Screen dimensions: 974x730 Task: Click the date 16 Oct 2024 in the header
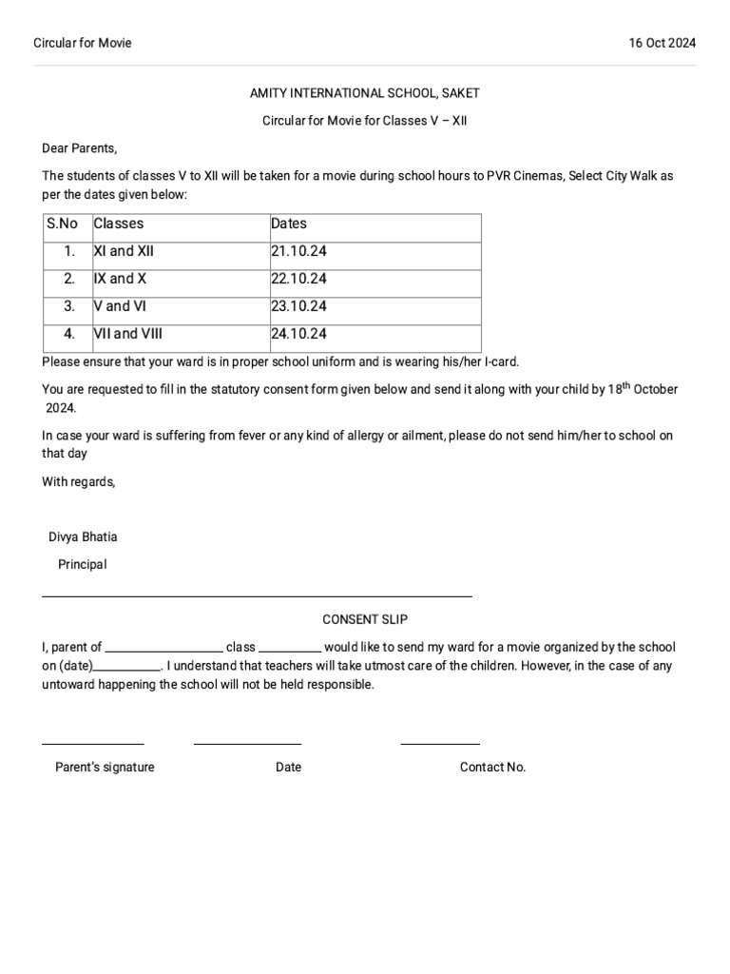[x=662, y=43]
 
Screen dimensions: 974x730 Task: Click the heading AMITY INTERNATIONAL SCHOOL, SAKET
[x=365, y=93]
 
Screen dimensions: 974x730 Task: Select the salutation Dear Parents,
[x=80, y=148]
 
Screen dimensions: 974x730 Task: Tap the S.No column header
[x=62, y=224]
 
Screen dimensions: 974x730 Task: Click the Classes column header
[x=119, y=224]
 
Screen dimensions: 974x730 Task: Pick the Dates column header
[x=289, y=224]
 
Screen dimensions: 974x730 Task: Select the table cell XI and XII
[x=124, y=252]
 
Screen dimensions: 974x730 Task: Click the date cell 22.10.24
[x=298, y=280]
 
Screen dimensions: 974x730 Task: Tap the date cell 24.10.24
[x=298, y=334]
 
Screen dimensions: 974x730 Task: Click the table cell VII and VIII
[x=128, y=334]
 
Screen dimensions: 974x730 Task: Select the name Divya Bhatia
[x=83, y=536]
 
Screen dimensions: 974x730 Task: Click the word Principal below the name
[x=83, y=564]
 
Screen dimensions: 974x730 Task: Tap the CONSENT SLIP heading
[x=365, y=619]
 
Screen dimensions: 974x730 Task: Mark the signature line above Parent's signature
[x=92, y=743]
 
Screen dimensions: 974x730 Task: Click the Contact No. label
[x=492, y=768]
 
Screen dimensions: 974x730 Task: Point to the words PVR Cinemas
[x=525, y=176]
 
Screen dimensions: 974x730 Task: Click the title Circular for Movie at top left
[x=83, y=43]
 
